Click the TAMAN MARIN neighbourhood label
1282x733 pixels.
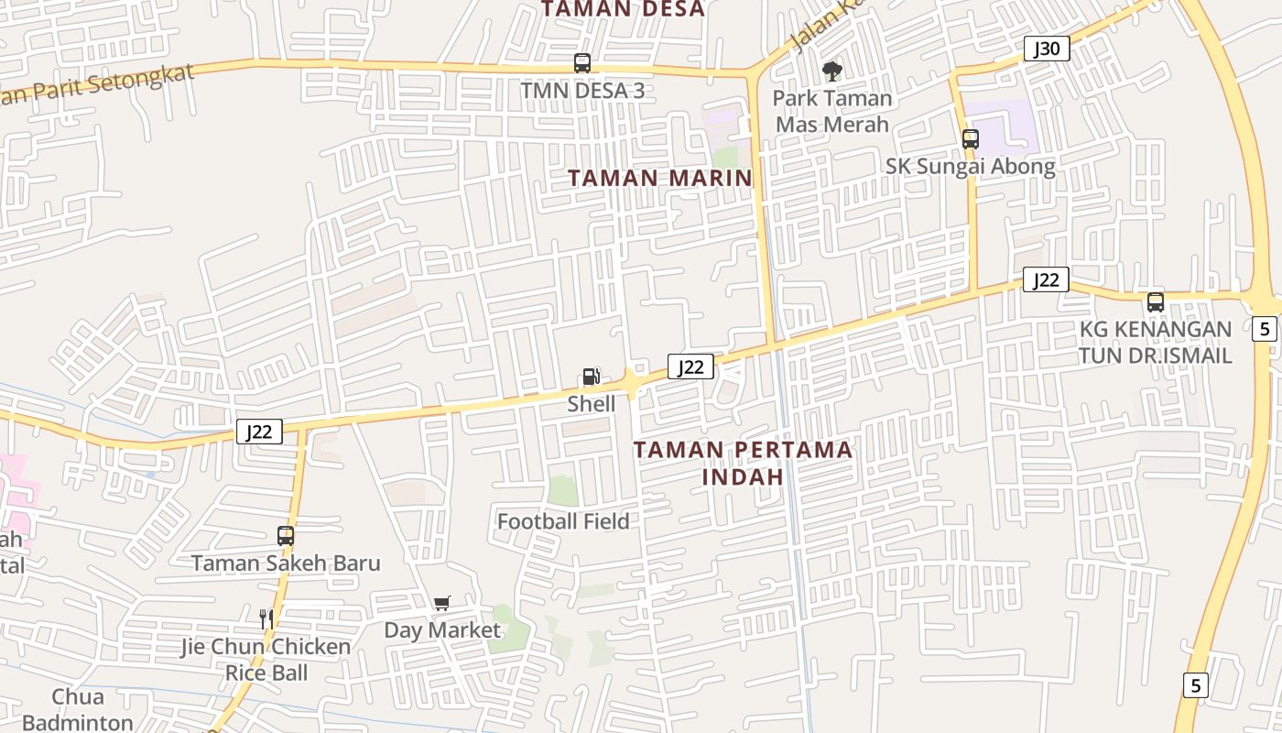[x=660, y=178]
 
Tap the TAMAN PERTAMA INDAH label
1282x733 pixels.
[x=744, y=463]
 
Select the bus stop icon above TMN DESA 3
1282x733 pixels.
[x=582, y=63]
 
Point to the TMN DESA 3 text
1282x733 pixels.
[x=582, y=91]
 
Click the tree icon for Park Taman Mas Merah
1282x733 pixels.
[x=831, y=71]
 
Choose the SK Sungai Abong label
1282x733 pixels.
[x=970, y=167]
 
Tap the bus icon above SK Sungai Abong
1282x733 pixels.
[x=971, y=139]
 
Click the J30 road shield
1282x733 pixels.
[x=1046, y=49]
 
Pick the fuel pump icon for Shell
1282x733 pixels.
[x=592, y=377]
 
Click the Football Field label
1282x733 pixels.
[x=563, y=521]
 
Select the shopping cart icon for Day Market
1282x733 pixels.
[x=442, y=603]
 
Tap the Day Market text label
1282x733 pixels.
[x=442, y=630]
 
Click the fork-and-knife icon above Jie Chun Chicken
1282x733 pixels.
[x=266, y=618]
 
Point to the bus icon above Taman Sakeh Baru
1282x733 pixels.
[x=286, y=535]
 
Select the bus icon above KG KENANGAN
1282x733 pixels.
[x=1156, y=301]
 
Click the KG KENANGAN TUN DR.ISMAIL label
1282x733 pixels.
[x=1155, y=343]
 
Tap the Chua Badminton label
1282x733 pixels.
[x=78, y=709]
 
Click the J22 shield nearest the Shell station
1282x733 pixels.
[x=690, y=366]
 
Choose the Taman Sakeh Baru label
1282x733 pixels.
[x=286, y=563]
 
